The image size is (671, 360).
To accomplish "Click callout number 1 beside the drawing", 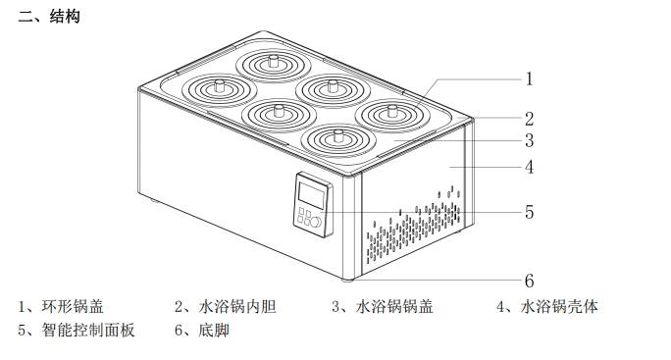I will pyautogui.click(x=528, y=77).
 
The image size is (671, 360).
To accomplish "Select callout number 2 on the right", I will pyautogui.click(x=528, y=119).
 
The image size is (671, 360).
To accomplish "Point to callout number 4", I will pyautogui.click(x=528, y=167).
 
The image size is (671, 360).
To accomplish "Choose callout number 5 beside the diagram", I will pyautogui.click(x=528, y=211).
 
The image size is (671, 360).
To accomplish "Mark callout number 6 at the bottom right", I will pyautogui.click(x=528, y=281).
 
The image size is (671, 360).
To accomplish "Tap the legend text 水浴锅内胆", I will pyautogui.click(x=236, y=307).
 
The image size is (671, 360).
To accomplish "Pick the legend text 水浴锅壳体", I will pyautogui.click(x=558, y=307).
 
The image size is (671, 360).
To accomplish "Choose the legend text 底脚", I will pyautogui.click(x=214, y=331).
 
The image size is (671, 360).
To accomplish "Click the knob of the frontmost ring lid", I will pyautogui.click(x=339, y=134).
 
